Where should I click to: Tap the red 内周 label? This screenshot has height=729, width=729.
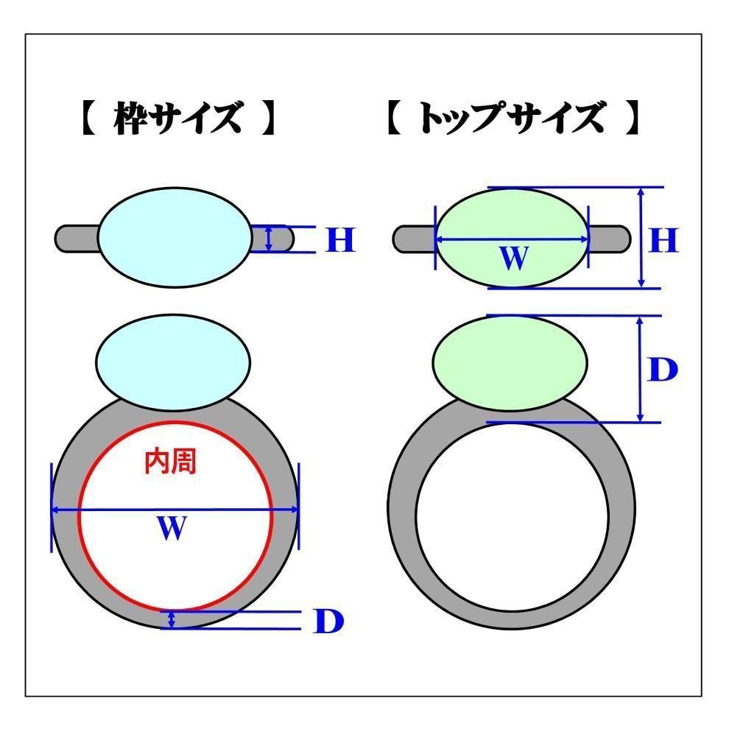170,462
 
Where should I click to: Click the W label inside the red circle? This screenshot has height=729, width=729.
171,528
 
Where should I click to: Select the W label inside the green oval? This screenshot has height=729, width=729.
513,257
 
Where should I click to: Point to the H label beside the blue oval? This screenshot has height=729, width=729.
340,240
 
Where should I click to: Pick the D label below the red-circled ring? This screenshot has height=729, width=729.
328,622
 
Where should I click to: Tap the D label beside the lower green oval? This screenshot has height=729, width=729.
661,370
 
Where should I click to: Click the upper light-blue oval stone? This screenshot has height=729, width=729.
174,236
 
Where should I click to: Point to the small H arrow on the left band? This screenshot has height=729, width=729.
269,239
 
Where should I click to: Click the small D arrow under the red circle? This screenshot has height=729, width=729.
172,619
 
